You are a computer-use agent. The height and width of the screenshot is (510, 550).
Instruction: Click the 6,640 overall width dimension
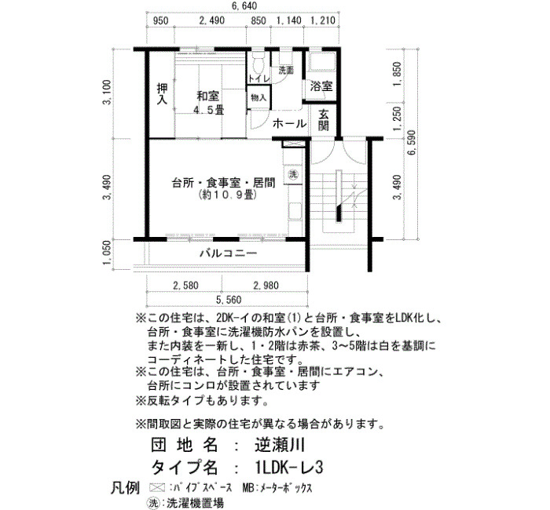(244, 6)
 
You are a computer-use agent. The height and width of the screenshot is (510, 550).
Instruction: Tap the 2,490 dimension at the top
(211, 20)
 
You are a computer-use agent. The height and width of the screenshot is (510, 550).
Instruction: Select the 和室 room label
(208, 96)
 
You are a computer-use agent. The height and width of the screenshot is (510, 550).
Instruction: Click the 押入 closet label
(162, 94)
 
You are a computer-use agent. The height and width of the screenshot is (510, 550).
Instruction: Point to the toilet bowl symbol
(258, 63)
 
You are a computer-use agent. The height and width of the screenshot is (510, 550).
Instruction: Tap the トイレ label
(259, 78)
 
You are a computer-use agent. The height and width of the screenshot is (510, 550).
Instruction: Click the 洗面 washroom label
(286, 71)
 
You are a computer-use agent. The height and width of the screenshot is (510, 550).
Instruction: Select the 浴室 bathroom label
(321, 86)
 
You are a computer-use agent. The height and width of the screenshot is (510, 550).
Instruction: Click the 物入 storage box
(258, 97)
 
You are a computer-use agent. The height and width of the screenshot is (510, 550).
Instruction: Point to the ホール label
(289, 123)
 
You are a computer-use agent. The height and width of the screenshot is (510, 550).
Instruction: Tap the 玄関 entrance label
(324, 120)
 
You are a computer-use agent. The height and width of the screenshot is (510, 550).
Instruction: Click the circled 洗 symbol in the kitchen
(293, 174)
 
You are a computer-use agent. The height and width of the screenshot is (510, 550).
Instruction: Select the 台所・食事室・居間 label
(223, 183)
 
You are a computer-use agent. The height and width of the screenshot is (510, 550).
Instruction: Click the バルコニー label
(229, 253)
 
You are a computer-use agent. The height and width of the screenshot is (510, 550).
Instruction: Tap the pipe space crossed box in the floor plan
(291, 144)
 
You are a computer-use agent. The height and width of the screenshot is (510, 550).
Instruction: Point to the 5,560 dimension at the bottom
(229, 300)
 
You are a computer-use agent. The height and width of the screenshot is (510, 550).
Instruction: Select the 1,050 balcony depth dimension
(107, 253)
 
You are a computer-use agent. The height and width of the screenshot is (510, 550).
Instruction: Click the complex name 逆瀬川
(280, 445)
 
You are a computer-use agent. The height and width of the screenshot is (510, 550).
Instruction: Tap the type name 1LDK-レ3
(289, 467)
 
